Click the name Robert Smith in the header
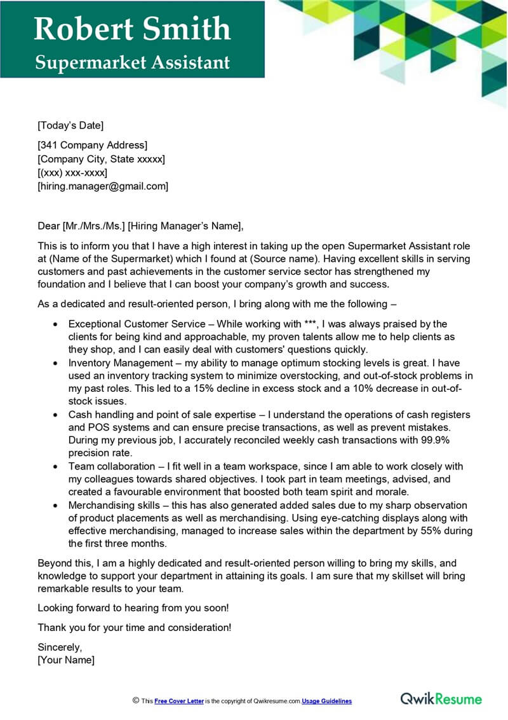pos(132,29)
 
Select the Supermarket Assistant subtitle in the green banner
pos(132,62)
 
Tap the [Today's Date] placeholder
pos(70,125)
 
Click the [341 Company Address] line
pos(93,145)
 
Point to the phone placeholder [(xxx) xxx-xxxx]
pos(72,172)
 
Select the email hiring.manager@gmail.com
pos(103,186)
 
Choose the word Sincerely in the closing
pos(60,647)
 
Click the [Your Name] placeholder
pos(66,660)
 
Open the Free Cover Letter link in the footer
pos(179,701)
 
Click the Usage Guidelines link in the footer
pos(326,701)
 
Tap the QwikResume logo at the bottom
pos(441,699)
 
